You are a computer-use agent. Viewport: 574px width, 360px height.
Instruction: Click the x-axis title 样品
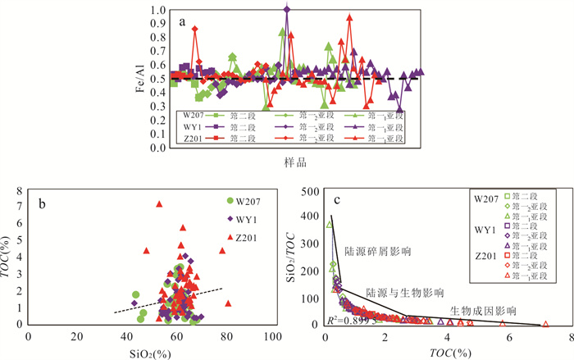(x=296, y=164)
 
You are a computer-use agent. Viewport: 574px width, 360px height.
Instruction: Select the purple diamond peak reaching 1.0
(x=287, y=9)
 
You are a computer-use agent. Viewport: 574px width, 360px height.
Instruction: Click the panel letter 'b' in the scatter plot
(x=42, y=200)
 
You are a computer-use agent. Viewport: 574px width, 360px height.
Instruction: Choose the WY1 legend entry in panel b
(x=251, y=219)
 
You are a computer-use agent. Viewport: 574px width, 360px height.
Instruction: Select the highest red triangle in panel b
(x=160, y=203)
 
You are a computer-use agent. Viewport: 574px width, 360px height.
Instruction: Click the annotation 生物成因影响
(x=484, y=311)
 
